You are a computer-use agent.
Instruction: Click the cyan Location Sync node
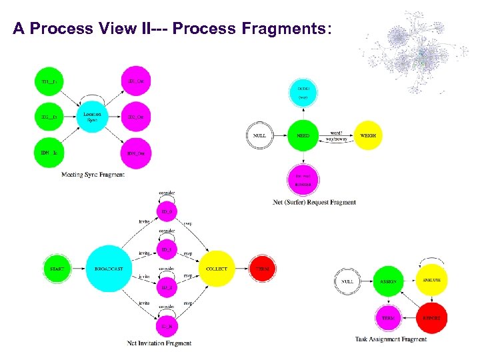[93, 117]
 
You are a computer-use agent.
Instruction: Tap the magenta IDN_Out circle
[136, 153]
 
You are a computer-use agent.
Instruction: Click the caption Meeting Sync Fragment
[93, 175]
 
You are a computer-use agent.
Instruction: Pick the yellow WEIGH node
[368, 135]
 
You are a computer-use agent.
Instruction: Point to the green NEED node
[303, 135]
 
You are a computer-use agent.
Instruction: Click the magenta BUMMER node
[303, 179]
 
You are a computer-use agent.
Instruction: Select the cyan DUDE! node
[303, 92]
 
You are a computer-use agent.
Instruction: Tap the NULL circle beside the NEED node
[259, 135]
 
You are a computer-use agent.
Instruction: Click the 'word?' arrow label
[336, 131]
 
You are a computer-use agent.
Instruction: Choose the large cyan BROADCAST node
[109, 269]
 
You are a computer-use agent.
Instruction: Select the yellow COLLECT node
[216, 269]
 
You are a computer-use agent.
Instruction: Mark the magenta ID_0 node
[167, 213]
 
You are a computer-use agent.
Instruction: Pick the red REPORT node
[431, 318]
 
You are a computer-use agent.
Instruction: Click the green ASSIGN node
[388, 281]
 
